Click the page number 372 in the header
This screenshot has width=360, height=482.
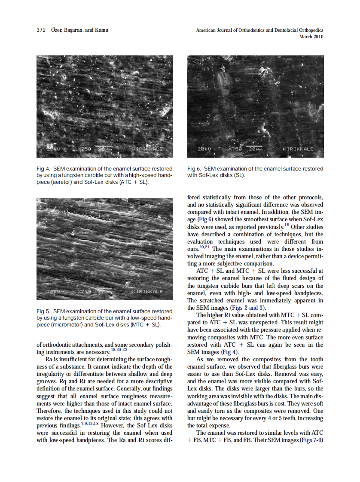point(41,30)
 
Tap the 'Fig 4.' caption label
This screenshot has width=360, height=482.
point(43,169)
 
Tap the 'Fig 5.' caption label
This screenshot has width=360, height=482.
point(43,311)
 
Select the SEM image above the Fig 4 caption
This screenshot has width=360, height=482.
point(105,106)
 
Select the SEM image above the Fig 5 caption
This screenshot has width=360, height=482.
point(105,249)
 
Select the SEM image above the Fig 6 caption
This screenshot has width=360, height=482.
point(256,106)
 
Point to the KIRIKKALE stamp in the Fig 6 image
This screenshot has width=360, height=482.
point(298,149)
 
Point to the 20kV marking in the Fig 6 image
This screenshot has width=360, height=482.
point(204,149)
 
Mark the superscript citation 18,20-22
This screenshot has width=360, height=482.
point(119,350)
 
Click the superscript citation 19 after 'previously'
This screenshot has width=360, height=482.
point(287,224)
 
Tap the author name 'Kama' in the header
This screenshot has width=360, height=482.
point(102,30)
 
